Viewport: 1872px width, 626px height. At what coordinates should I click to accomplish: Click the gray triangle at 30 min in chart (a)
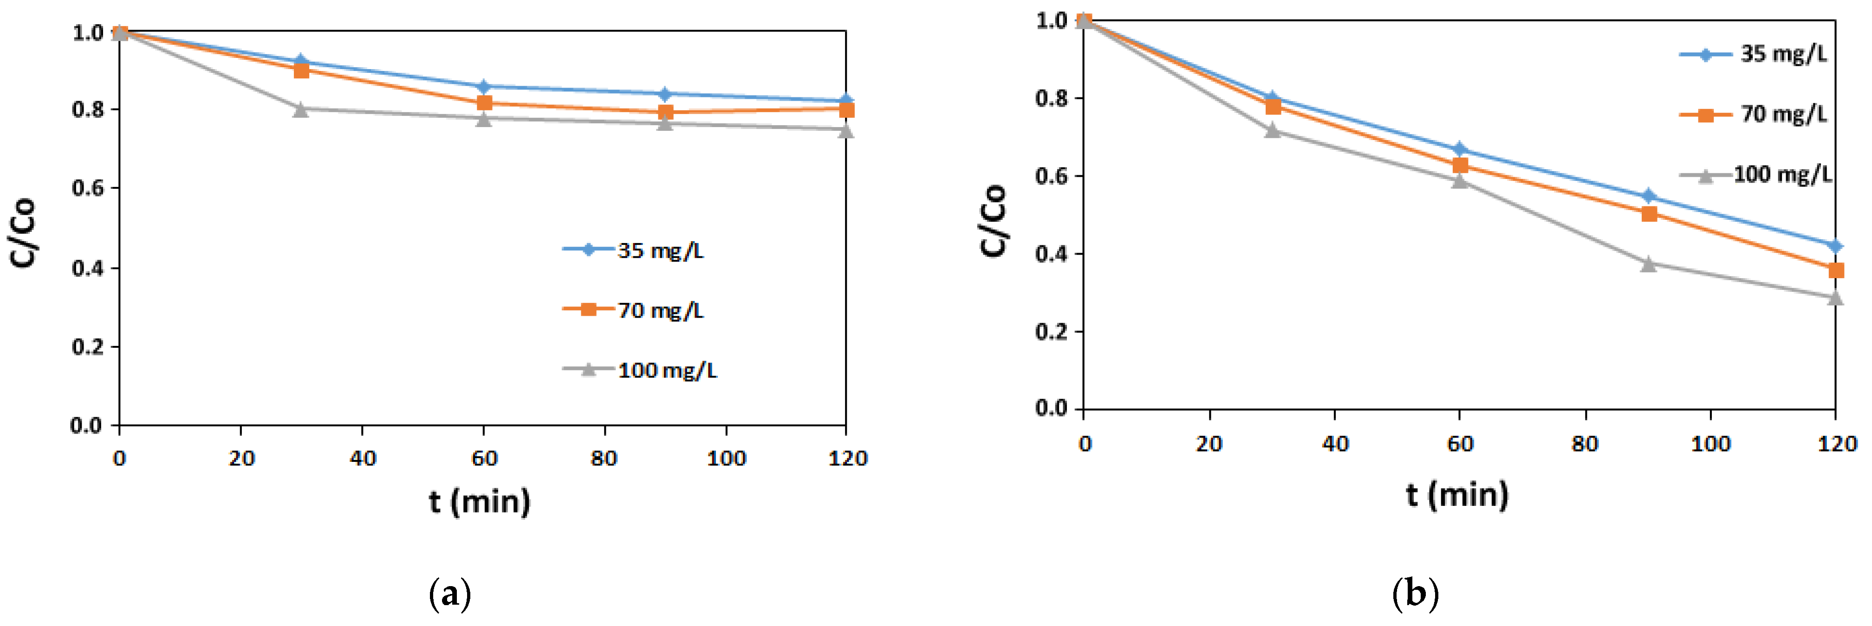[x=301, y=109]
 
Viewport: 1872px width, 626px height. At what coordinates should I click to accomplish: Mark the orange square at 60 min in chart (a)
[x=484, y=103]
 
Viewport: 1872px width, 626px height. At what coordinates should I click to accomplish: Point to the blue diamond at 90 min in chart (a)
[x=664, y=94]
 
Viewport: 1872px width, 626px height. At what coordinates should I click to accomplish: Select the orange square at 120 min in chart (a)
[x=846, y=109]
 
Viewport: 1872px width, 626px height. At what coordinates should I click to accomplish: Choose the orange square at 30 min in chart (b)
[x=1273, y=107]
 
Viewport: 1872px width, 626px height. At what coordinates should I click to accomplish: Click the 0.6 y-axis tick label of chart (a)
[x=87, y=189]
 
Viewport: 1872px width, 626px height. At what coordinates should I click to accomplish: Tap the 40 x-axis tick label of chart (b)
[x=1335, y=444]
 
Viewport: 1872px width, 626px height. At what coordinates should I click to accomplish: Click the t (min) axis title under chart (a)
[x=480, y=501]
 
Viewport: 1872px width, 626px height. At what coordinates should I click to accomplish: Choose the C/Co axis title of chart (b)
[x=994, y=220]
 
